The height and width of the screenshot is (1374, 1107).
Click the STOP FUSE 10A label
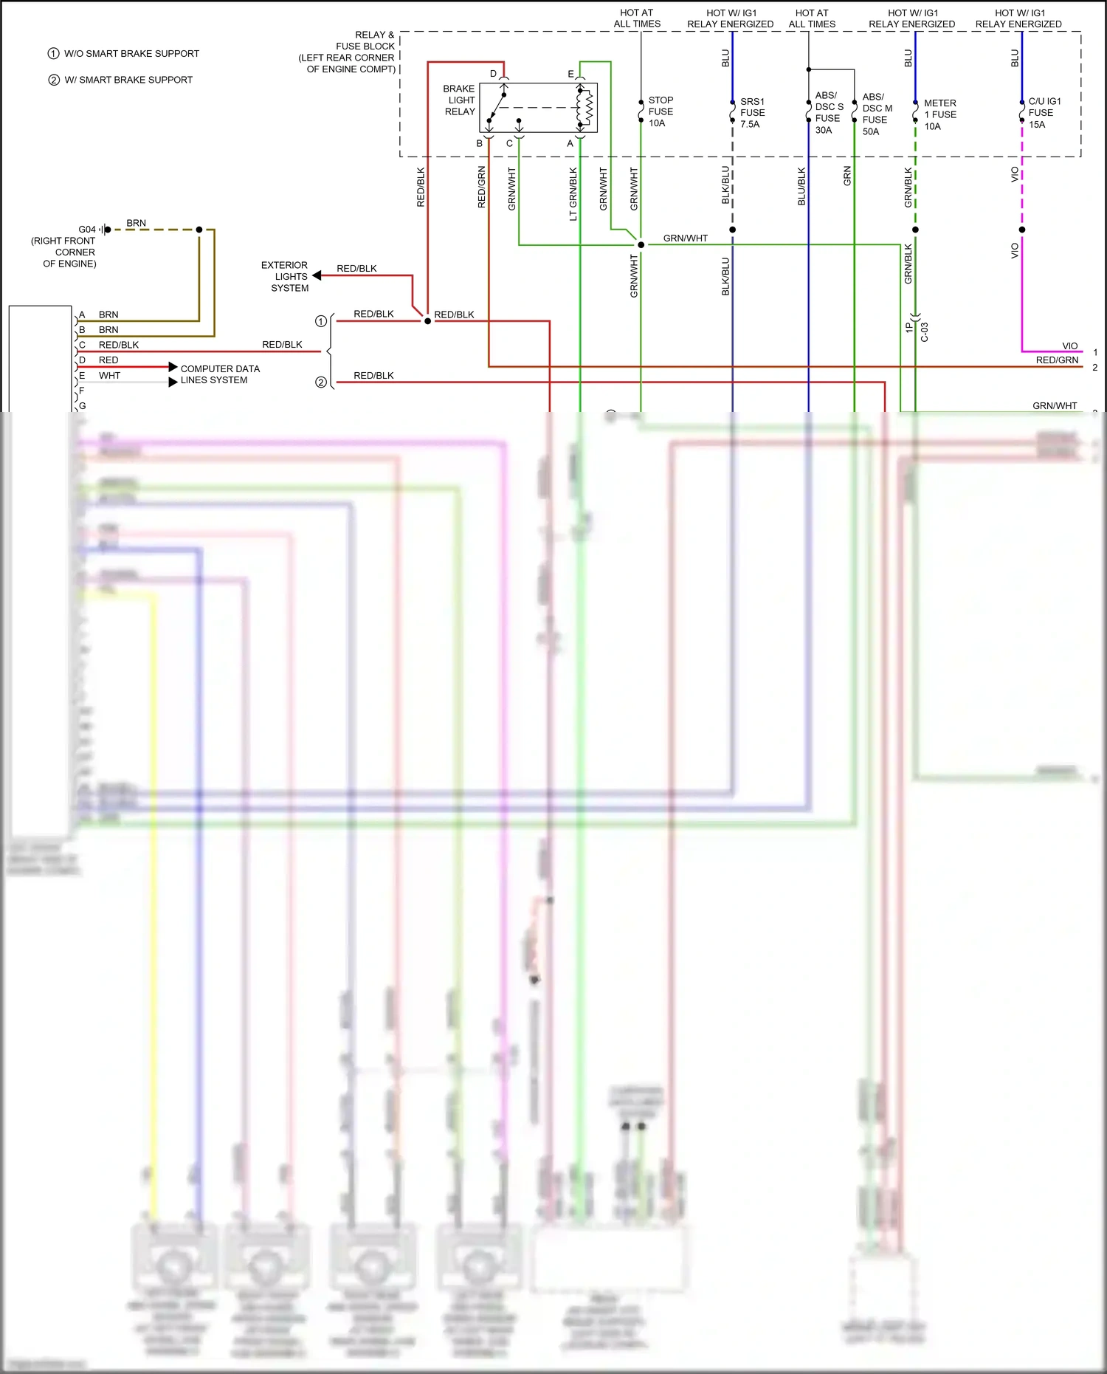[661, 111]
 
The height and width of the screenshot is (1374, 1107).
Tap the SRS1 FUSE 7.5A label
[752, 113]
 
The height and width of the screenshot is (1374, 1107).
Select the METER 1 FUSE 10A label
[939, 114]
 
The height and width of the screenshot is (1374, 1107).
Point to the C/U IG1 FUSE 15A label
[1044, 113]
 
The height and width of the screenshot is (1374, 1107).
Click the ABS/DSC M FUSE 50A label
[877, 114]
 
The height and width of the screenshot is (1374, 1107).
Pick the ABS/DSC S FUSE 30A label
[828, 113]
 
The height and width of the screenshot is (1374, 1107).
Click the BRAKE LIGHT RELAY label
[459, 100]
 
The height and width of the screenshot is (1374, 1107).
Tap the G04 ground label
[86, 230]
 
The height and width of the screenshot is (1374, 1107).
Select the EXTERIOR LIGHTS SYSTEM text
[285, 277]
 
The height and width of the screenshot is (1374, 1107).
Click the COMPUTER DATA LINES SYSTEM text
[219, 374]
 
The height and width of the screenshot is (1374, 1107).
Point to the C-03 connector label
[924, 332]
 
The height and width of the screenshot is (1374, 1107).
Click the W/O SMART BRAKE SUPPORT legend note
[131, 54]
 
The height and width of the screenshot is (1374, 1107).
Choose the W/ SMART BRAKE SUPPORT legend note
[128, 80]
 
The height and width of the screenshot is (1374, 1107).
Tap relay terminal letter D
[493, 74]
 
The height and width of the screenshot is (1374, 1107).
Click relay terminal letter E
[570, 74]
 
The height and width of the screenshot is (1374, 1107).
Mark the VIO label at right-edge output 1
[1069, 346]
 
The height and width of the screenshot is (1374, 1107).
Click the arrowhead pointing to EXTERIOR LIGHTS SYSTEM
[317, 275]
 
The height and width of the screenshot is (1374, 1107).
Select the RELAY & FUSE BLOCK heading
[348, 52]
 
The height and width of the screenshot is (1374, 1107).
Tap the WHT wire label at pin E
[109, 376]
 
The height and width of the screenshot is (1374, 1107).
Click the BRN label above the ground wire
[136, 223]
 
